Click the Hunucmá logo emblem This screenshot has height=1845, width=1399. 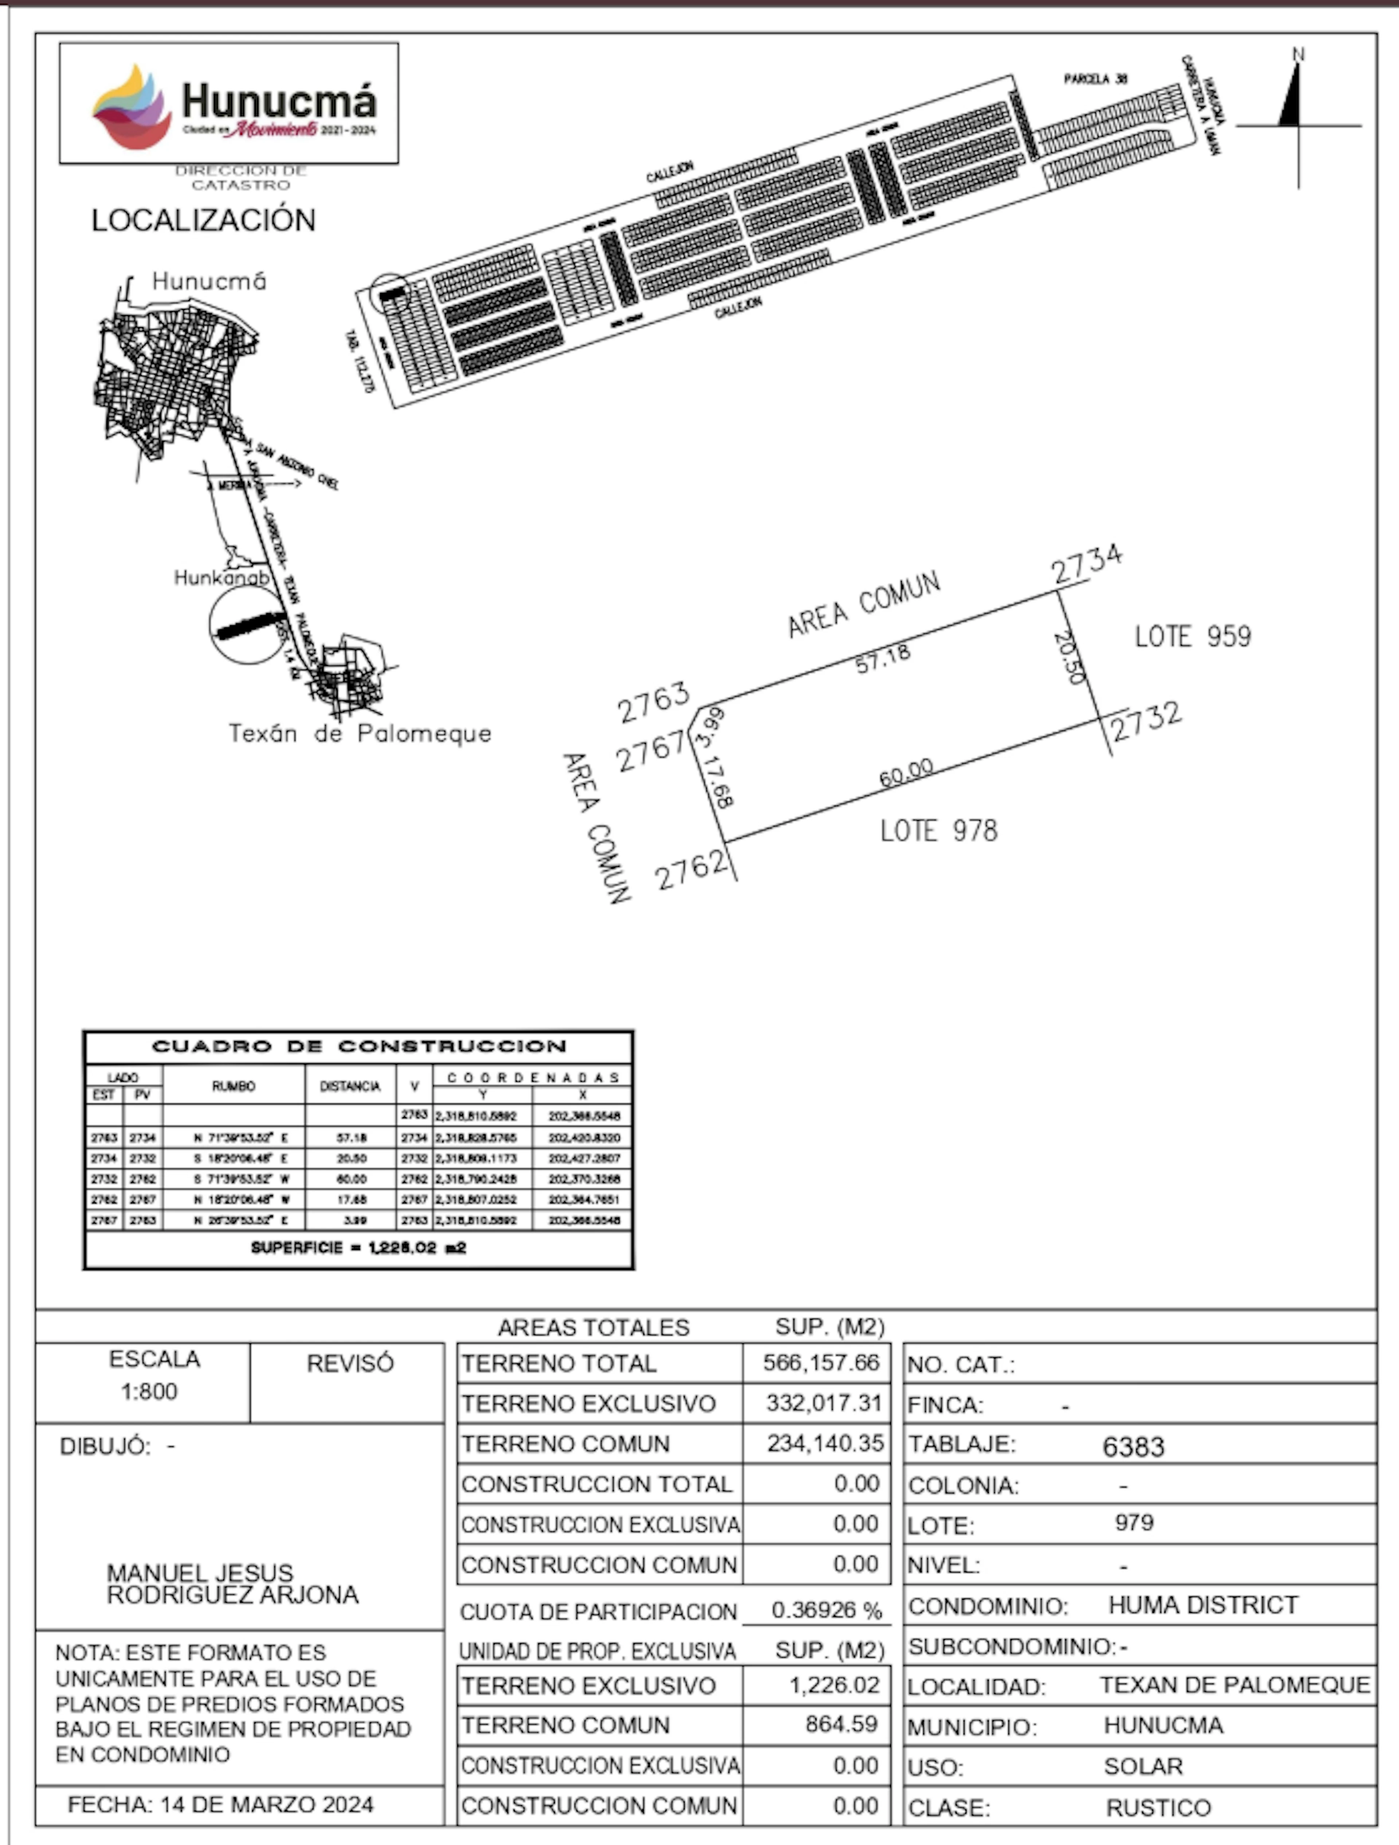point(132,107)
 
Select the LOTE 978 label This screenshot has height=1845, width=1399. point(938,831)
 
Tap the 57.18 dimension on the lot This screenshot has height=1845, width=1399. point(883,658)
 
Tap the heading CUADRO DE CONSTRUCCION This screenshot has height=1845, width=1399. point(359,1046)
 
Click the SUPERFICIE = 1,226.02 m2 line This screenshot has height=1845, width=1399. point(359,1248)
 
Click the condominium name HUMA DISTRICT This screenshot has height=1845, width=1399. point(1202,1605)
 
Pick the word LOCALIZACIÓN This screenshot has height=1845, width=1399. point(204,220)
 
